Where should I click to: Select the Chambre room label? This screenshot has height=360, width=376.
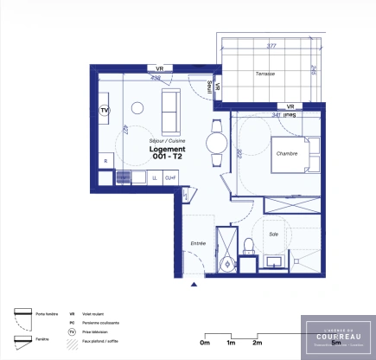pos(287,153)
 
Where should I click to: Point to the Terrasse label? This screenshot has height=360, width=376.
pos(264,74)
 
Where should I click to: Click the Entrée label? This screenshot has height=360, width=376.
pos(197,243)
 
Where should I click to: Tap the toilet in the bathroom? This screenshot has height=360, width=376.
pos(247,246)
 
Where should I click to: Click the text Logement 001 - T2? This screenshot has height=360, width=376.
pos(166,152)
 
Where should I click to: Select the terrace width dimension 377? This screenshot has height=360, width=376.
pos(271,46)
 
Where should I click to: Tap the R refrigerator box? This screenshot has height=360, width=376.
pos(105,161)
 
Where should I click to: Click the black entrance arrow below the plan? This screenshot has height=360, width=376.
pos(195,282)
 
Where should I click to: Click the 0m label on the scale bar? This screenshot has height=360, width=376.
pos(204,344)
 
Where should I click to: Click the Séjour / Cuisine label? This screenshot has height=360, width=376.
pos(166,139)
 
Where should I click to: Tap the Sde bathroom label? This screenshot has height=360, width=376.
pos(273,234)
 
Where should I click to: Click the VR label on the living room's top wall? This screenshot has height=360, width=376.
pos(159,67)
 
